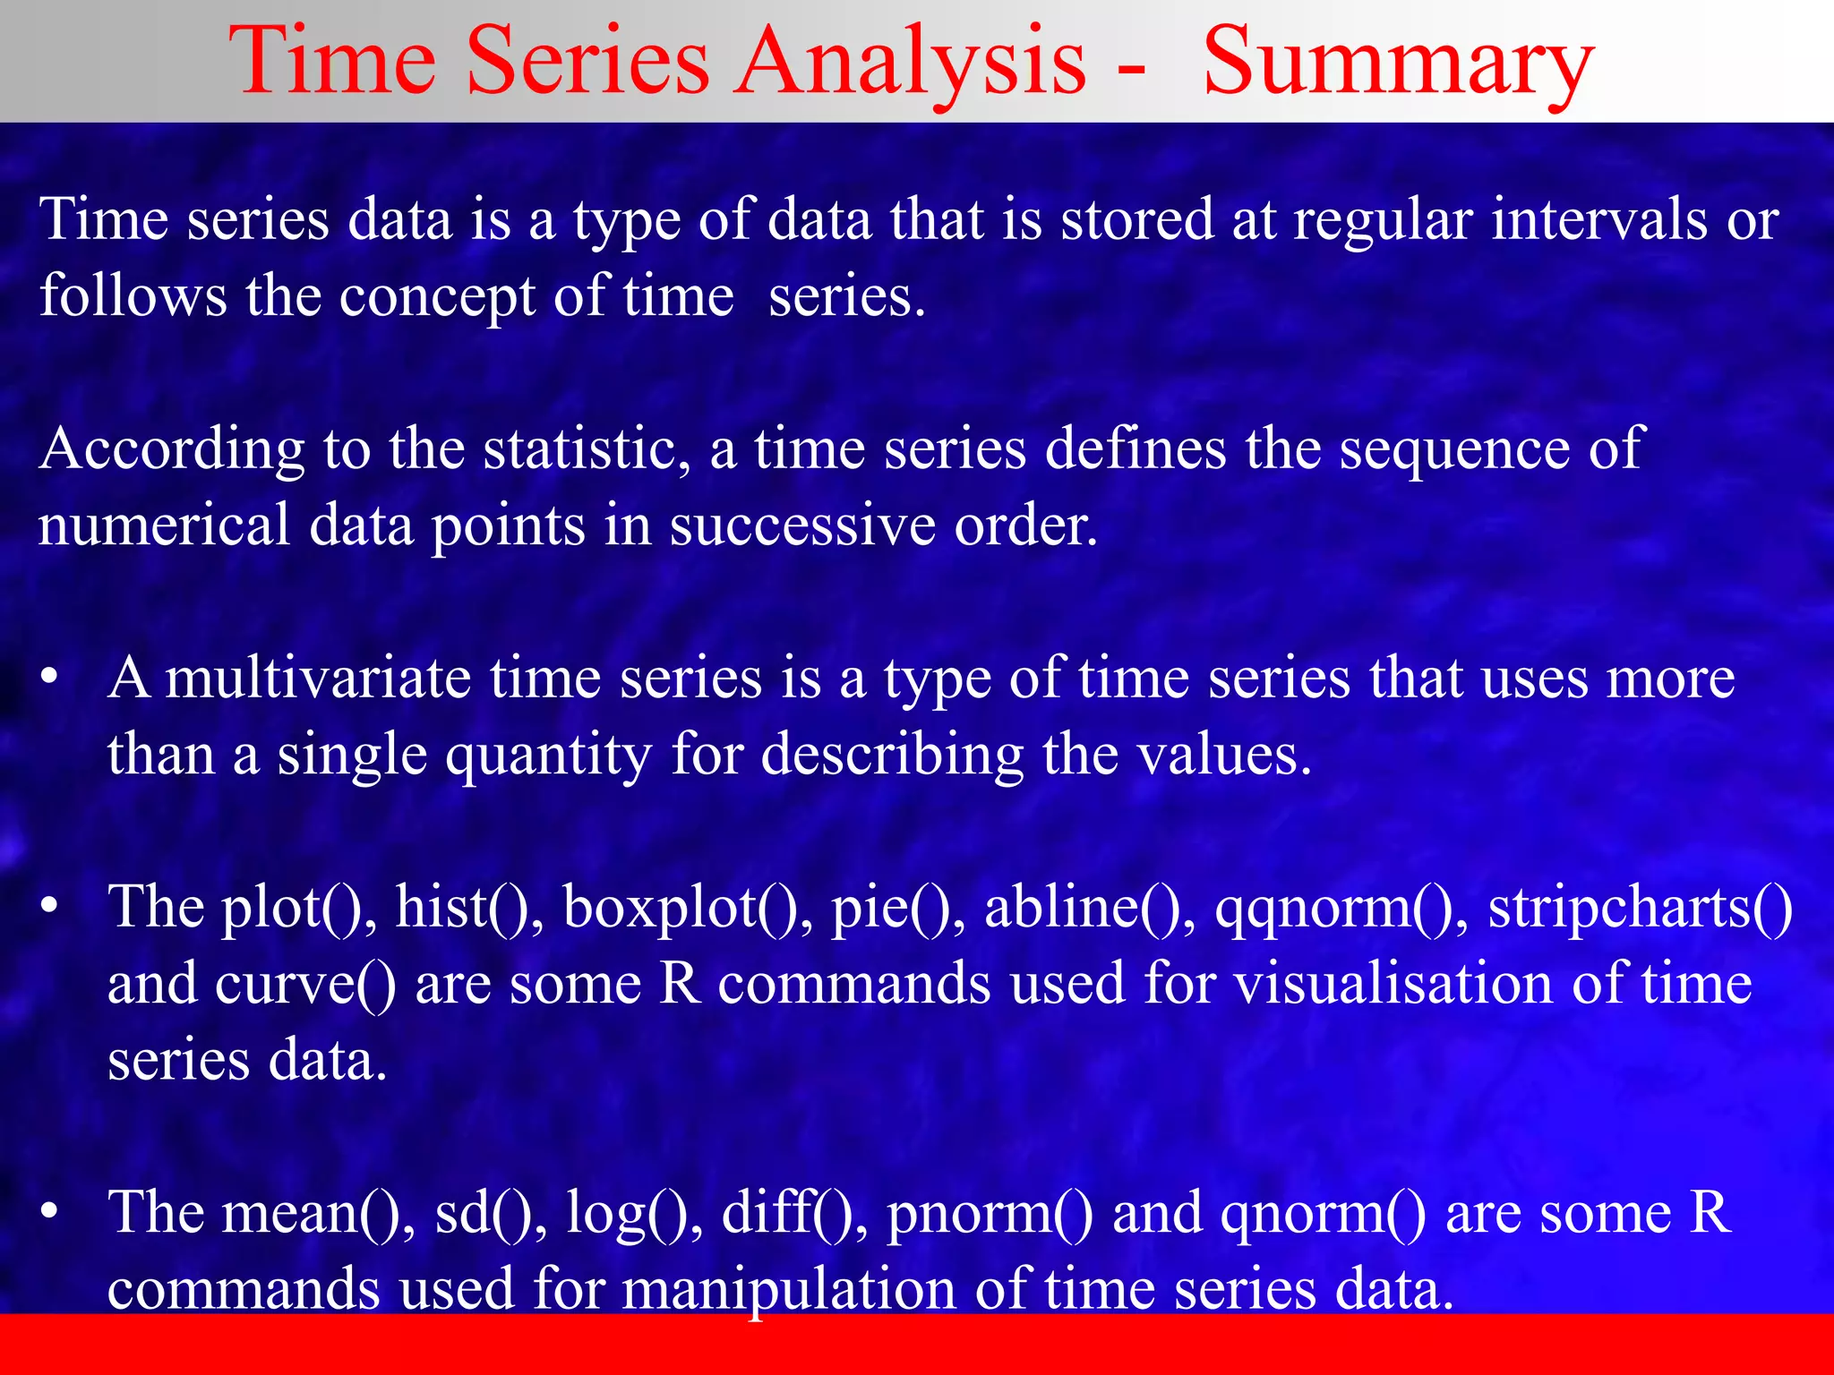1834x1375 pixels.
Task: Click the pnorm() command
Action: (x=990, y=1214)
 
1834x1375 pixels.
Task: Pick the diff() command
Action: (x=793, y=1212)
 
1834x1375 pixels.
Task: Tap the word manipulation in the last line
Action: (x=788, y=1290)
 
